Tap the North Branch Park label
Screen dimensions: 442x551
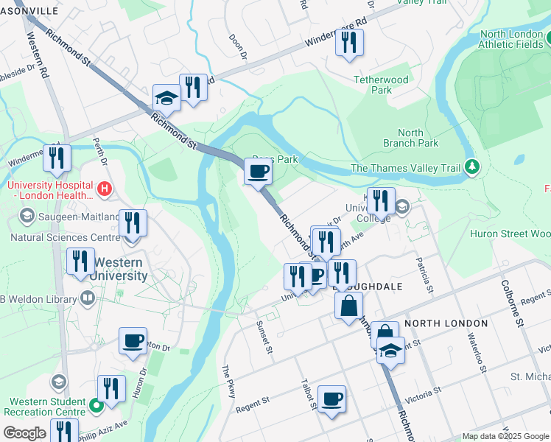pyautogui.click(x=410, y=138)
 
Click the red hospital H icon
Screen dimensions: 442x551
pyautogui.click(x=105, y=189)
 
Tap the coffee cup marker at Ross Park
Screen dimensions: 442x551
pyautogui.click(x=258, y=172)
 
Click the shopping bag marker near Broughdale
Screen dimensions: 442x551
pyautogui.click(x=349, y=305)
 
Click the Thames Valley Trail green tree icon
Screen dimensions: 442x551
pyautogui.click(x=471, y=167)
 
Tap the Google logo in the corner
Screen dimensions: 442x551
pyautogui.click(x=24, y=433)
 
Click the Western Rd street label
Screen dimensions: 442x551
pyautogui.click(x=37, y=55)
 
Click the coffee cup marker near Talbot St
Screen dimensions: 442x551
pyautogui.click(x=331, y=399)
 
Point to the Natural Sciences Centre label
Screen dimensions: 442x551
pyautogui.click(x=65, y=238)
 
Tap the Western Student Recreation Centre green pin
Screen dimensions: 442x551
pyautogui.click(x=95, y=405)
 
